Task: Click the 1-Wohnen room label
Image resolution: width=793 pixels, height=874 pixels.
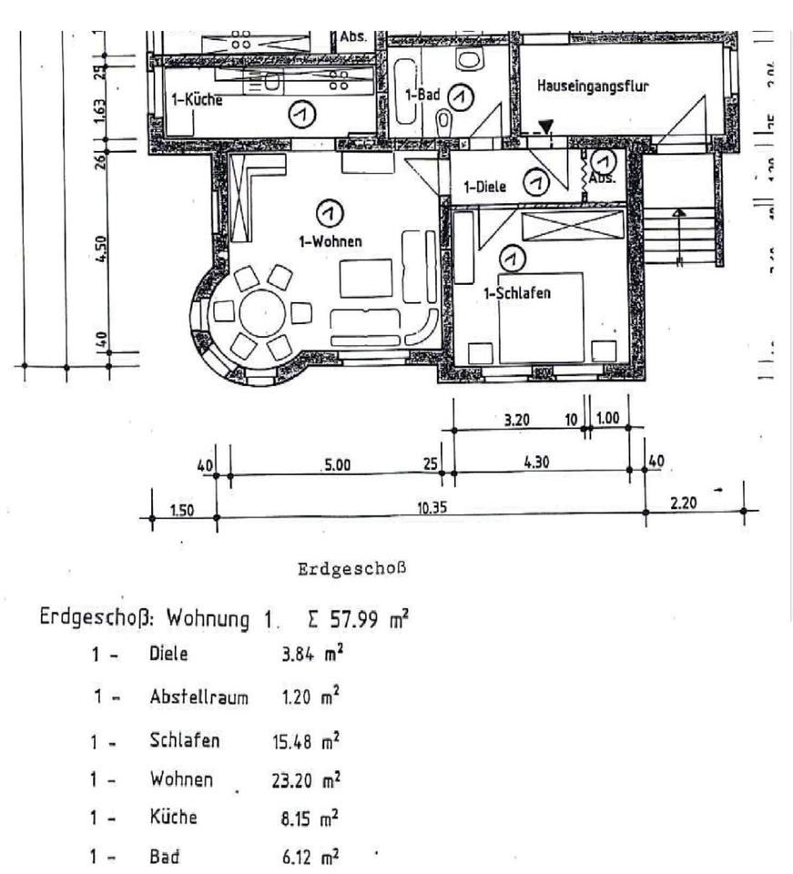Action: [330, 241]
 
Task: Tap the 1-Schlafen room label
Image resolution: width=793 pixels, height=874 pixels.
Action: [517, 293]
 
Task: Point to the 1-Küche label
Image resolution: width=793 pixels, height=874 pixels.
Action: [197, 99]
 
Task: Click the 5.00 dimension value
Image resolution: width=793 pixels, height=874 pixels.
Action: [337, 465]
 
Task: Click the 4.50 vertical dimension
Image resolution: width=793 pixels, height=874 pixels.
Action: [101, 248]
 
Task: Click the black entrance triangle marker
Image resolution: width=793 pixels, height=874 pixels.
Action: [545, 127]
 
